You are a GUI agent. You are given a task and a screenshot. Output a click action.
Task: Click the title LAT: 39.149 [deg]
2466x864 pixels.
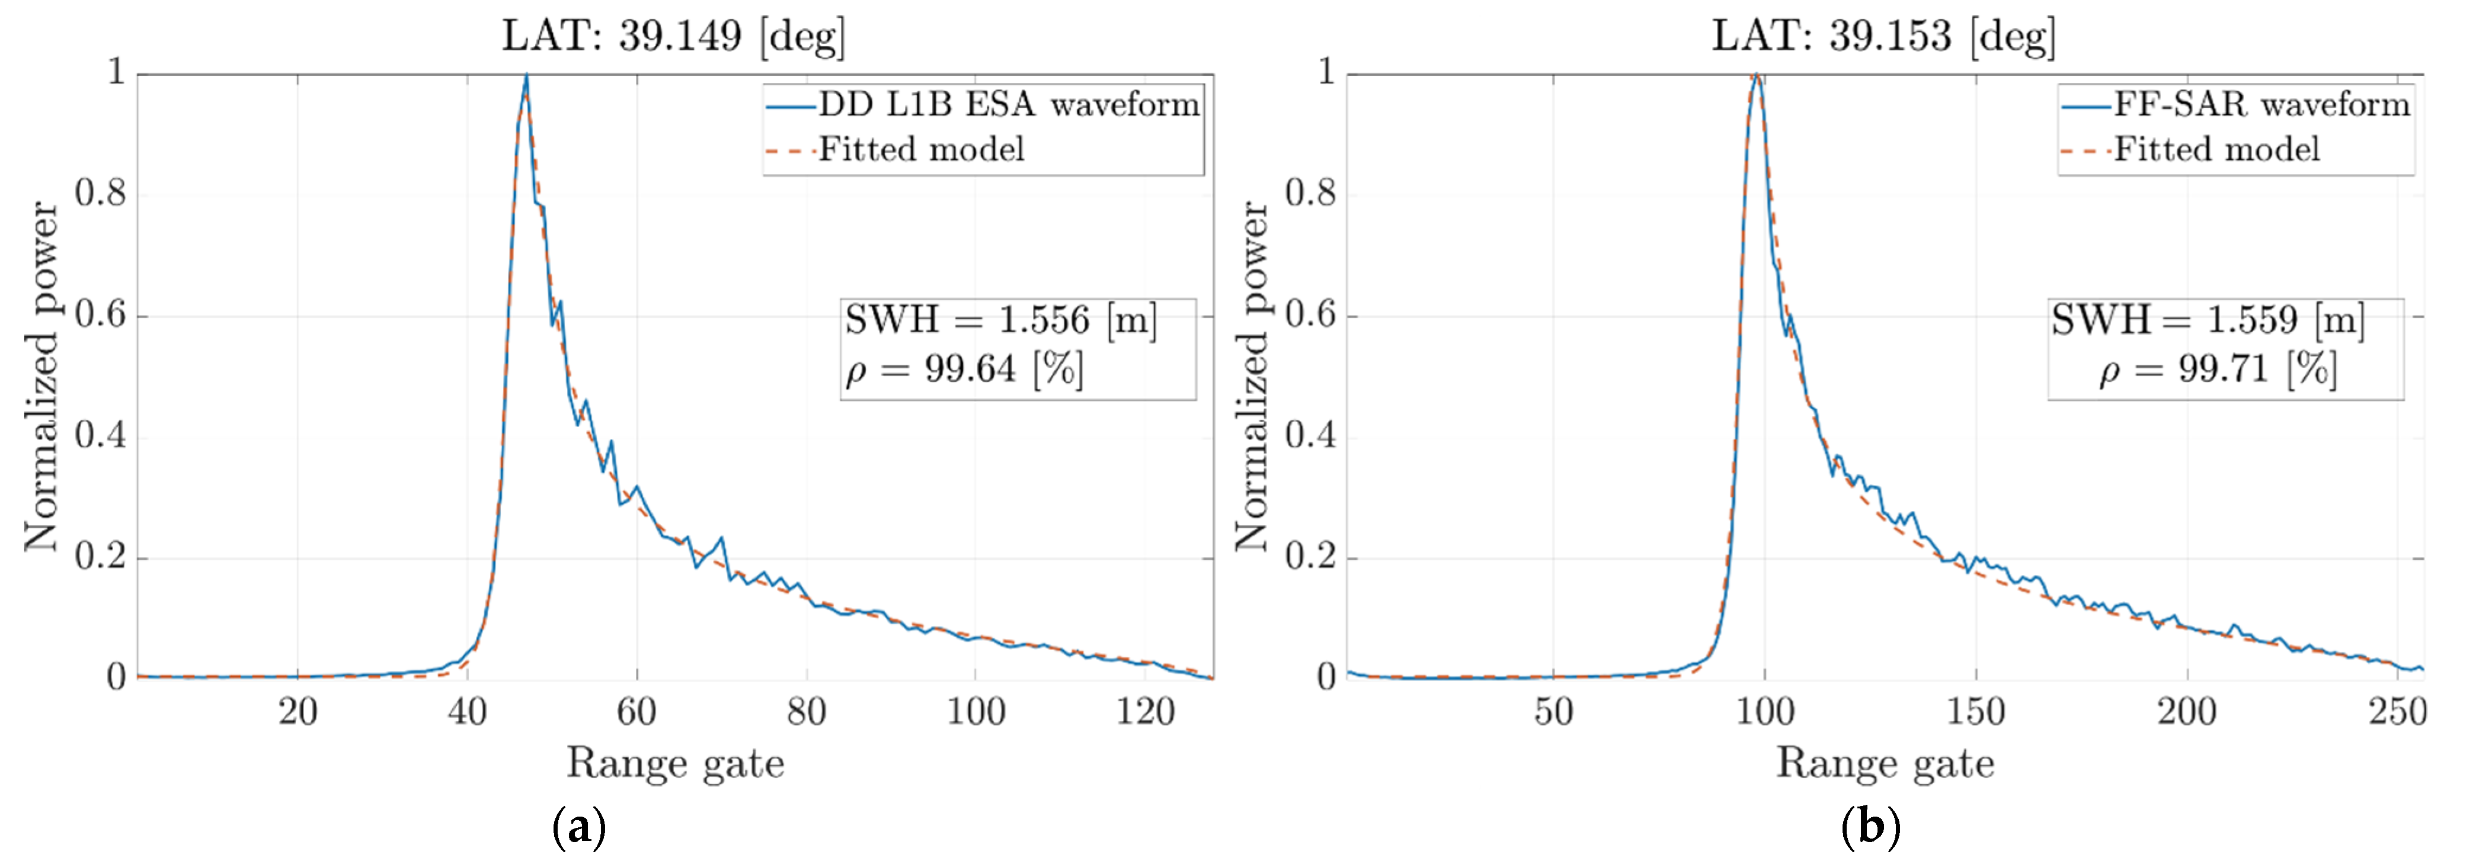click(x=674, y=36)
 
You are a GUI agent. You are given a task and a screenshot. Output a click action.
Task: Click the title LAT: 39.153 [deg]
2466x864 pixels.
click(x=1883, y=36)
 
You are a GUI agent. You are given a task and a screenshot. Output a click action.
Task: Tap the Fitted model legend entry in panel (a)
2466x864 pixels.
click(x=921, y=149)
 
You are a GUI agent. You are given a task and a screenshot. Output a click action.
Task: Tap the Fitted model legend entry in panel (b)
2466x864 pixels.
click(x=2216, y=149)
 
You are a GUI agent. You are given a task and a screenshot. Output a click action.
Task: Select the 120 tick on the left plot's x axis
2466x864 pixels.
click(x=1145, y=712)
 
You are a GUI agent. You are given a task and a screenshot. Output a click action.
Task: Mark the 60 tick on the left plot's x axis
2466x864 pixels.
click(x=637, y=712)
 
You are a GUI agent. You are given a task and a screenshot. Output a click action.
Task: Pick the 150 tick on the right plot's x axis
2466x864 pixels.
click(x=1976, y=712)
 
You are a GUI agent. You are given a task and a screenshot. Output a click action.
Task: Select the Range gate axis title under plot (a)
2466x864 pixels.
click(x=675, y=763)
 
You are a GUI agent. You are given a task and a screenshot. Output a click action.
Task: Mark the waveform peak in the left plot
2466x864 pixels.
click(x=526, y=76)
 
